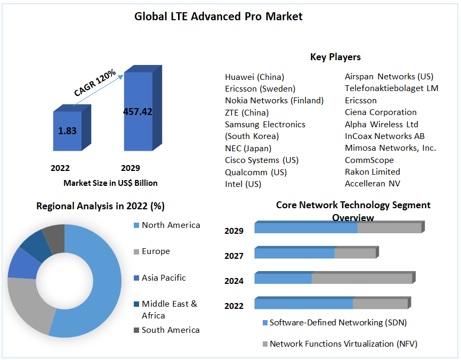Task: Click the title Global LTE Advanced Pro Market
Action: pos(218,17)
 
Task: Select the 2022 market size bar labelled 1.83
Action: pos(68,131)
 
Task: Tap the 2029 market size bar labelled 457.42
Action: pos(138,112)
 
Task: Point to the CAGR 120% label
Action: pos(95,83)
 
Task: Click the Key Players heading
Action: pos(335,57)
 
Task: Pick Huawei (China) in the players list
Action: pos(254,77)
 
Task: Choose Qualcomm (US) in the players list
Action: pos(255,172)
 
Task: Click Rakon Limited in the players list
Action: pos(372,171)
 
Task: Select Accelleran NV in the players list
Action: pos(372,184)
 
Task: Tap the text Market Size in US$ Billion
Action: pos(110,183)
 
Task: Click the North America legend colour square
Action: pos(136,225)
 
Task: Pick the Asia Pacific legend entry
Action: pos(164,277)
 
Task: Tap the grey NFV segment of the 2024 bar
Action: pos(361,279)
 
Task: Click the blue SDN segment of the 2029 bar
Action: pos(305,228)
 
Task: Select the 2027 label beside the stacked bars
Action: pos(234,256)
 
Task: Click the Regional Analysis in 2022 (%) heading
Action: pos(100,206)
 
